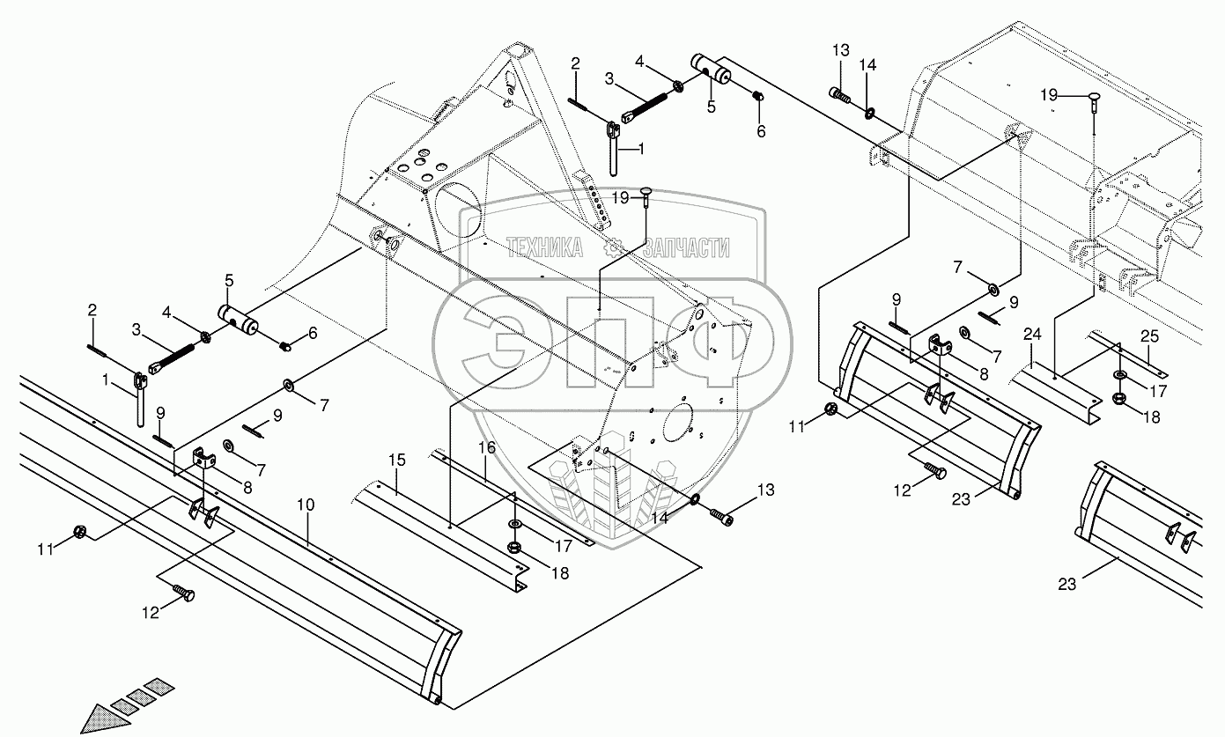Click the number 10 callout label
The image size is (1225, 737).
(x=306, y=505)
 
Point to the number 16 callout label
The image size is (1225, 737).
(x=487, y=448)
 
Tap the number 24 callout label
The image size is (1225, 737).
(x=1032, y=335)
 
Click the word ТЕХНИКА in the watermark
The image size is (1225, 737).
(x=543, y=249)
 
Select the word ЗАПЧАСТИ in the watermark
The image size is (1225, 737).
(x=686, y=249)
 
